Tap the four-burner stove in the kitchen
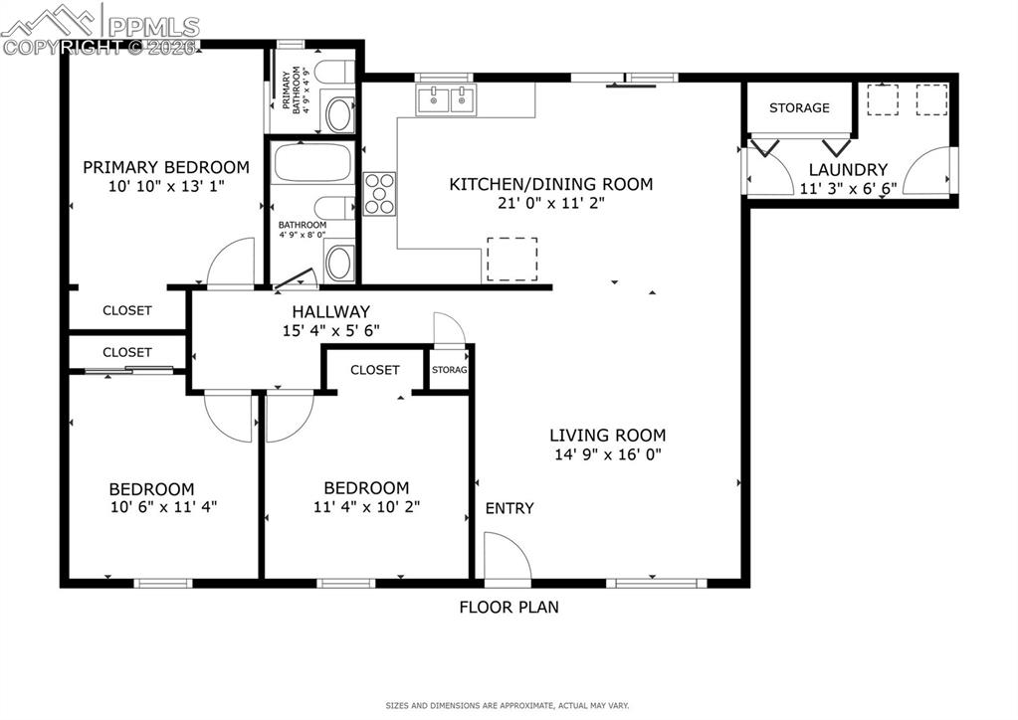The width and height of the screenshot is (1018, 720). pos(381,193)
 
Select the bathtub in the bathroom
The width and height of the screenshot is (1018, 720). pos(310,163)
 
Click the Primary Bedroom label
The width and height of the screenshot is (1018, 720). pos(165,167)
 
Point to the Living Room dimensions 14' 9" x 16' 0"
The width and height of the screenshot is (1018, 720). pos(608,454)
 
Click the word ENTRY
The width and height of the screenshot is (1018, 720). pos(509,508)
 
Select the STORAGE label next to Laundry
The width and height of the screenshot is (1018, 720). pos(799,107)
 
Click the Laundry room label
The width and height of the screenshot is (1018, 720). pos(847,170)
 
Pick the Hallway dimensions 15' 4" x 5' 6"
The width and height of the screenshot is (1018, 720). pos(331,331)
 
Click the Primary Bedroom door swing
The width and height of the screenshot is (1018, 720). pos(230,265)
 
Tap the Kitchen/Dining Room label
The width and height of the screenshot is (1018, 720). pos(550,184)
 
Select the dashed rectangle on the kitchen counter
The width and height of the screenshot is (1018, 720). pos(511,259)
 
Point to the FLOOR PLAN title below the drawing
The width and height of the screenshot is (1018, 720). pos(509,607)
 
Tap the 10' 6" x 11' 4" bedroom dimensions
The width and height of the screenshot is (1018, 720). pos(165,506)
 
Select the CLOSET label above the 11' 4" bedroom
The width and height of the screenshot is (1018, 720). pos(375,370)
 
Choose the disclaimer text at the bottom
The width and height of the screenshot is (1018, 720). pos(508,706)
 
